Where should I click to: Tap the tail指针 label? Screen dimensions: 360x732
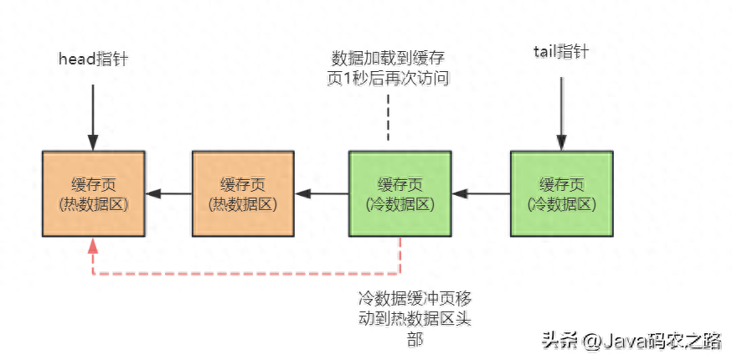pos(561,52)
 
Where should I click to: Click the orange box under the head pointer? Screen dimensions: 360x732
pos(93,193)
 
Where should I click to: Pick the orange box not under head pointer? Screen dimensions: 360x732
pos(243,193)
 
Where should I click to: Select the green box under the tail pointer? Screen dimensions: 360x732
pos(561,193)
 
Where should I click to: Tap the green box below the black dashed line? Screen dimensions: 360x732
pos(400,193)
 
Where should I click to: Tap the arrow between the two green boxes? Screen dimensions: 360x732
pos(481,194)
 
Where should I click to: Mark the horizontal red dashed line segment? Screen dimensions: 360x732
pos(247,274)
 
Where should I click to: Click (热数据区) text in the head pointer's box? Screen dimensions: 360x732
pos(93,203)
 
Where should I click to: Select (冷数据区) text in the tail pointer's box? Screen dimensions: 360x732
pos(561,203)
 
